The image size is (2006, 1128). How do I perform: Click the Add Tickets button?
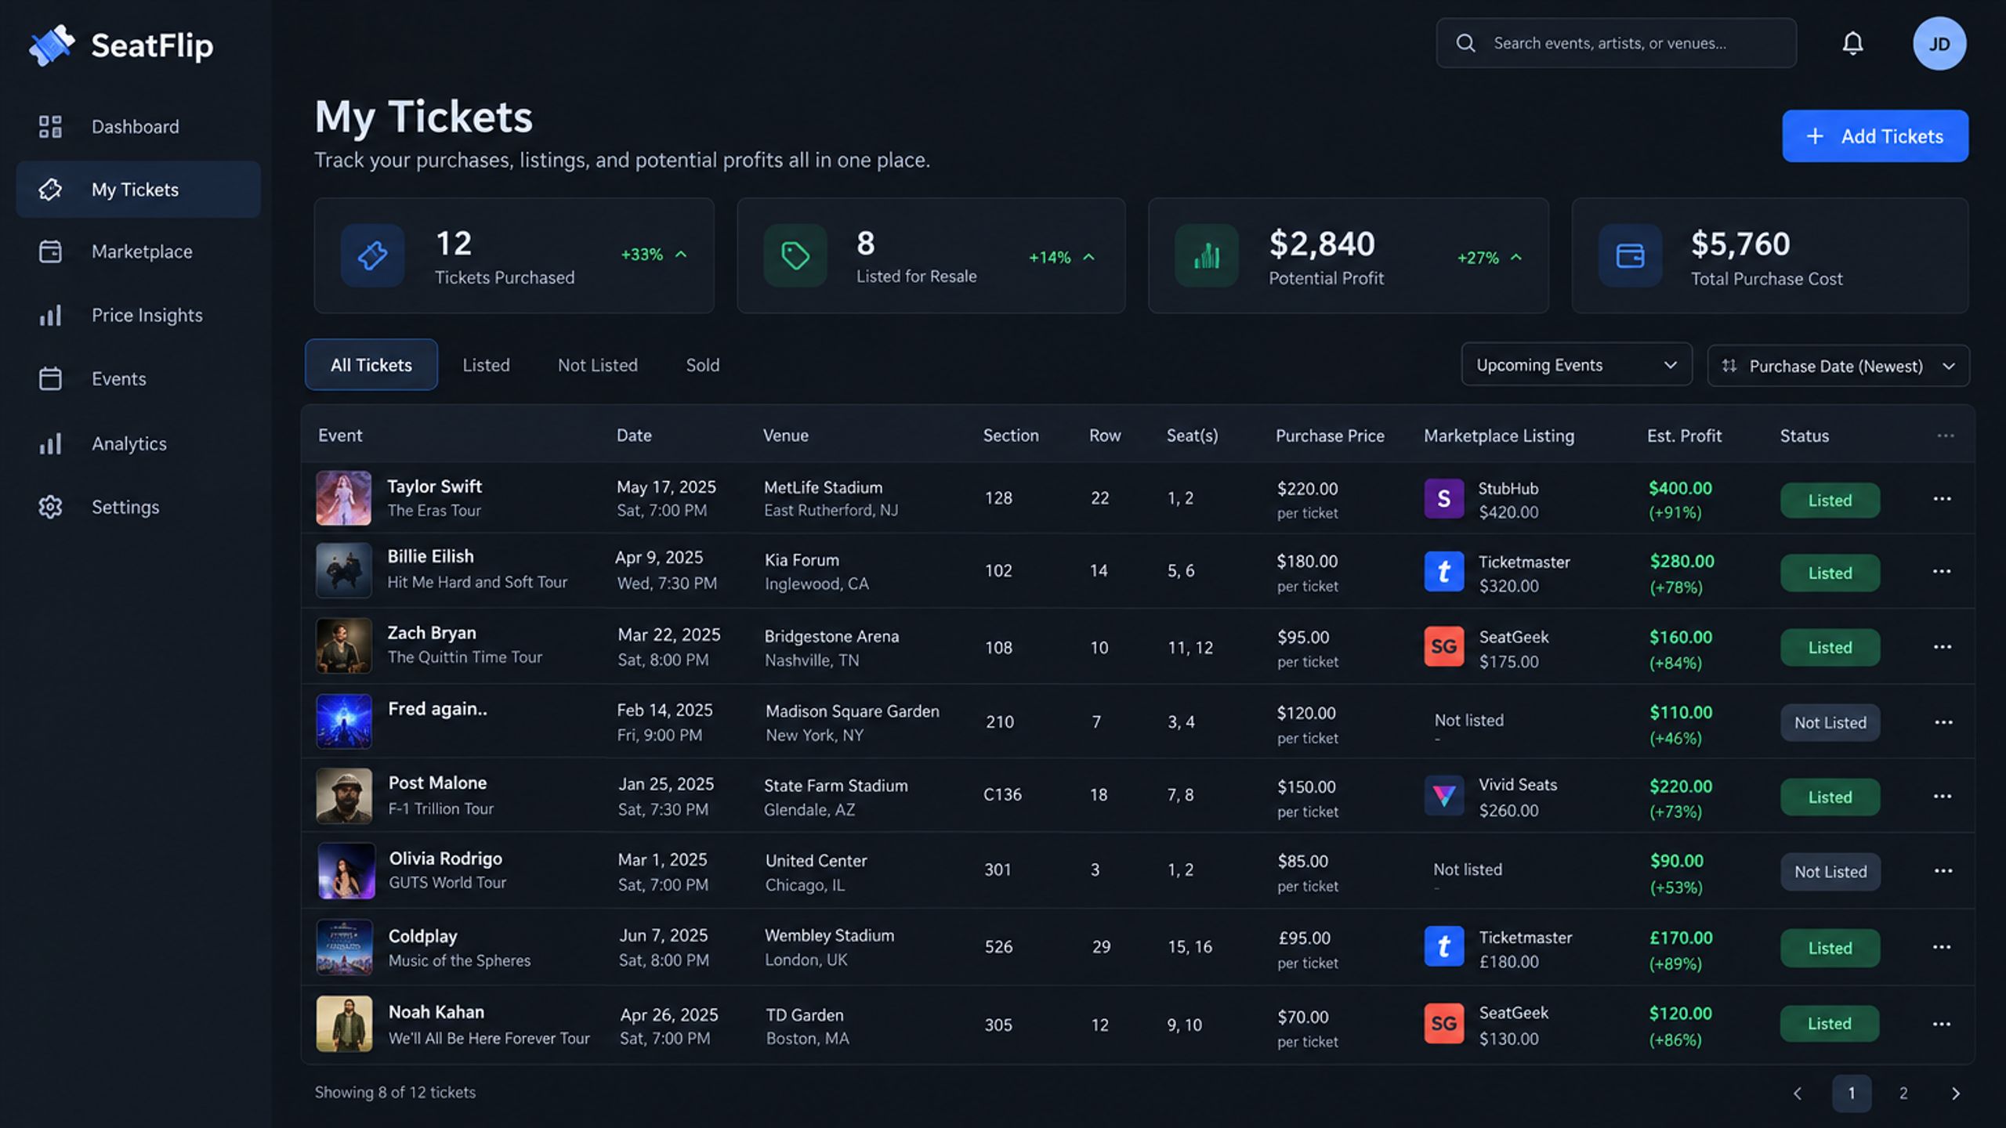(1874, 136)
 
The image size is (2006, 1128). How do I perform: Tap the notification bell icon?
(1852, 43)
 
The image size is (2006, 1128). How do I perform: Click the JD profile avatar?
(1939, 44)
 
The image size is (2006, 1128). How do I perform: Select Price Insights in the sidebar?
(147, 315)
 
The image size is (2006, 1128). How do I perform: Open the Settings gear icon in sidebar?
(50, 507)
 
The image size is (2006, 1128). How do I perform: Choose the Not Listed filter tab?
(598, 365)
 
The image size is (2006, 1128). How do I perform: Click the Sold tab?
(703, 365)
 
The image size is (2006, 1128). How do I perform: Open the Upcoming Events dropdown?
(1577, 365)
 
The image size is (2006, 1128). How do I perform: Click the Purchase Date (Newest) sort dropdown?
(1838, 366)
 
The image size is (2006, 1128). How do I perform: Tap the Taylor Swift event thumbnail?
(343, 498)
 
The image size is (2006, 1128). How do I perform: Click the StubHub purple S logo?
(1444, 498)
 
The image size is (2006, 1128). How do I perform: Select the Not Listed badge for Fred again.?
(1830, 722)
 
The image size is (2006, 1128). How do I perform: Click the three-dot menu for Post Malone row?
(1943, 796)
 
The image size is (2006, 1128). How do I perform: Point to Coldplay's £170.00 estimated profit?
(1682, 938)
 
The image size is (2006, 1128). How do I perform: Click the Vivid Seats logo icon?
(1444, 796)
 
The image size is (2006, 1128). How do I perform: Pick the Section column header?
(1011, 436)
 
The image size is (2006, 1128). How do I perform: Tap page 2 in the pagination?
(1903, 1093)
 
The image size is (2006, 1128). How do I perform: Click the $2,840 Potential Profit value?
(1322, 244)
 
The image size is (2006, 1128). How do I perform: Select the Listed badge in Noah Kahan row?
(1830, 1024)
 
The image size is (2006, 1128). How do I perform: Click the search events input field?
(1616, 43)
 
